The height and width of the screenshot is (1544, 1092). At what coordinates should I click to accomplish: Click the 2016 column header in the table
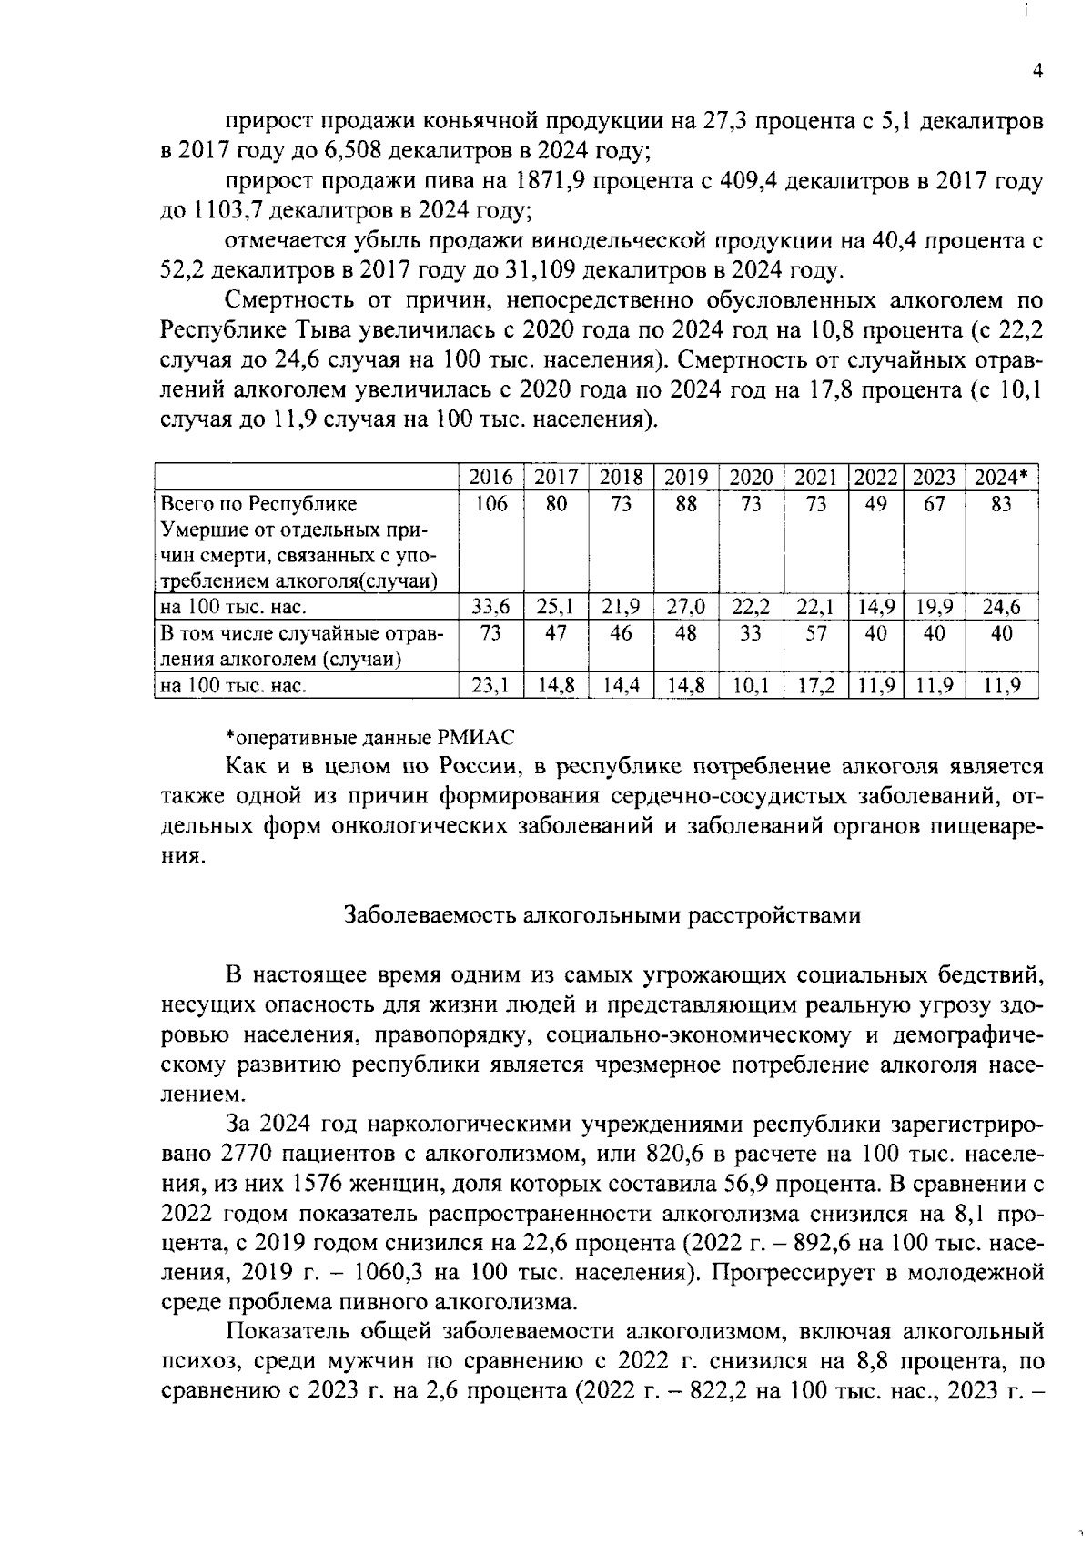point(491,477)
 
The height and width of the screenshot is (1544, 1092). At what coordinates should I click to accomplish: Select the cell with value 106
point(491,504)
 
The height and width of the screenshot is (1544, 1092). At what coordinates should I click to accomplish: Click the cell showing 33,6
point(491,607)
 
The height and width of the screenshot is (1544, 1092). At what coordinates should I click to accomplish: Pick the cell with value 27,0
point(686,607)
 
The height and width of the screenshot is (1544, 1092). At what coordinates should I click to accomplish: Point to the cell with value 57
point(816,633)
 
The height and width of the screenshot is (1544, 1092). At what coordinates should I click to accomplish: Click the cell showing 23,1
point(491,685)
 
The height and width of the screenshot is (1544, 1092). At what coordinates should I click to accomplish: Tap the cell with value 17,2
point(816,685)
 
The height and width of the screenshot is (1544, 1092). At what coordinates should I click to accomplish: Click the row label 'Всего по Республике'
point(258,504)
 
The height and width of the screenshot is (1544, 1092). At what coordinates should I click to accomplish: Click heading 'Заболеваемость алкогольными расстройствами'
point(602,915)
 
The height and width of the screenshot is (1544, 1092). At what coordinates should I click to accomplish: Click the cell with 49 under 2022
point(875,504)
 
